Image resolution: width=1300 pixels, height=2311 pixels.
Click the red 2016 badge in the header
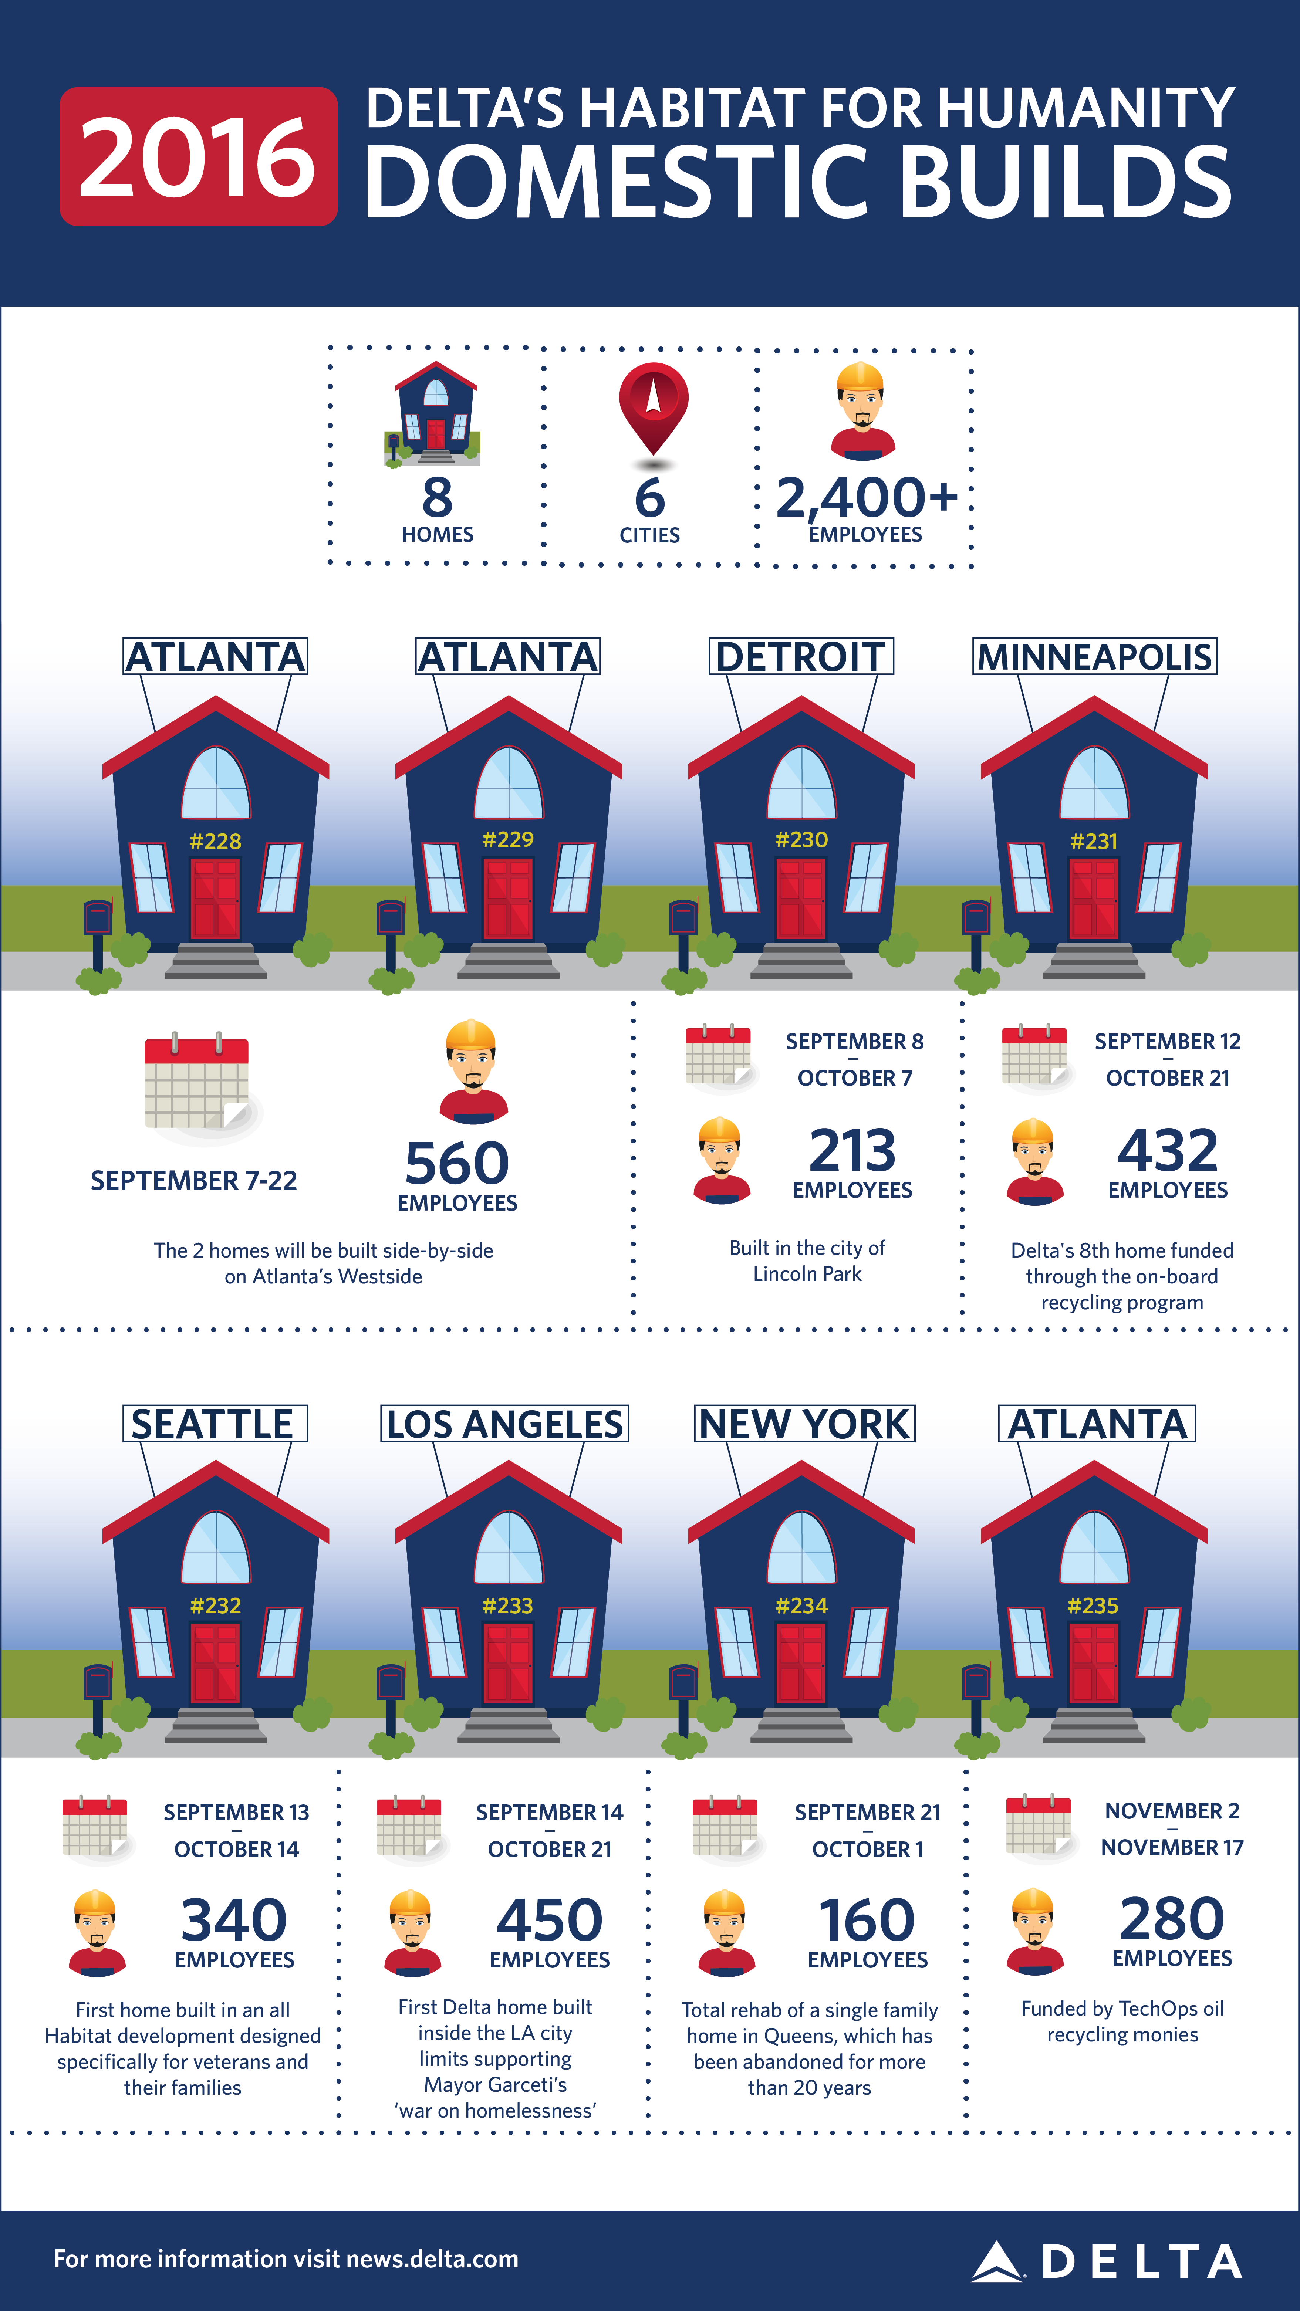pos(198,157)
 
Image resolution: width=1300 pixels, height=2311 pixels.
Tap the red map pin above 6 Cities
pos(653,404)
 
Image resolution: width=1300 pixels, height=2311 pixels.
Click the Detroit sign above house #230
pos(801,657)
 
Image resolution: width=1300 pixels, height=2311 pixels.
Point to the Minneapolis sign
pos(1094,657)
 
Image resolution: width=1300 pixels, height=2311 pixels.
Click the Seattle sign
pos(215,1424)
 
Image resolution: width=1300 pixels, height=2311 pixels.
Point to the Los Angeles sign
pos(504,1424)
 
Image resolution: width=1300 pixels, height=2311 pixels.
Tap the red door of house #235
pos(1094,1664)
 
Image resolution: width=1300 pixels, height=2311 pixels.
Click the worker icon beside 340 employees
pos(96,1933)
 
